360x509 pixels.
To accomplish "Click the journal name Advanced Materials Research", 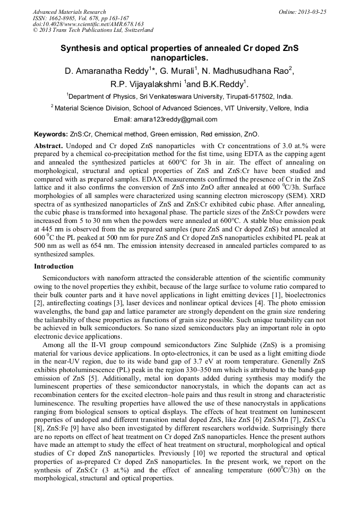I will (69, 12).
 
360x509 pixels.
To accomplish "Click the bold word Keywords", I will (50, 135).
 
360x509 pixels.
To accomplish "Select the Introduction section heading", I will (54, 266).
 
